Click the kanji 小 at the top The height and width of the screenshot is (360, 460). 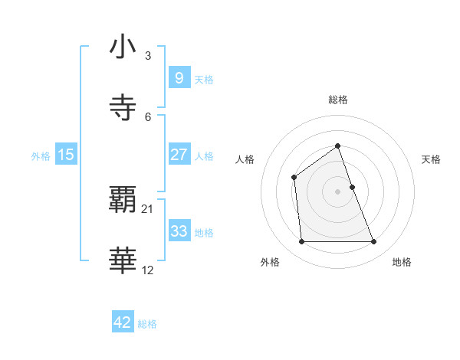coord(123,47)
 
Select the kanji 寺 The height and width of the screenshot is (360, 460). coord(123,108)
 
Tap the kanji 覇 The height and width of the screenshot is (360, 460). coord(123,201)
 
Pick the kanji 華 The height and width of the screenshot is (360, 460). coord(123,261)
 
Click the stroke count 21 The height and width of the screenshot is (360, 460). coord(148,209)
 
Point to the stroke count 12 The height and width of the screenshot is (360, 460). coord(148,270)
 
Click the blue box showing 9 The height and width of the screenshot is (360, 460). coord(179,77)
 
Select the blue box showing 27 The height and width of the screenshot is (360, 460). coord(179,154)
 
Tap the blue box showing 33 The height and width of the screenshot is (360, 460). coord(179,231)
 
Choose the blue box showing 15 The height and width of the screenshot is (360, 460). coord(66,155)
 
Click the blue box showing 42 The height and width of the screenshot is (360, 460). coord(123,322)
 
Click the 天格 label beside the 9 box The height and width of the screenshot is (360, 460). coord(204,79)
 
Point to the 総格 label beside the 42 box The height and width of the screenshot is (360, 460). coord(147,324)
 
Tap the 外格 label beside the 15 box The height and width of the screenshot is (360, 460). coord(41,156)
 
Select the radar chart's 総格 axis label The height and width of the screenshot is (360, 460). coord(337,100)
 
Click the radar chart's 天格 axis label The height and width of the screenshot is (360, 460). coord(431,159)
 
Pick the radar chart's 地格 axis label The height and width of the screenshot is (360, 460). coord(402,262)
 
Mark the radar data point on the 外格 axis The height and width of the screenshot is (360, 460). coord(301,242)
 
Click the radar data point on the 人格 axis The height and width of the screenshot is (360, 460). coord(294,178)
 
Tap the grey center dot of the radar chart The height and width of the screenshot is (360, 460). coord(337,191)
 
